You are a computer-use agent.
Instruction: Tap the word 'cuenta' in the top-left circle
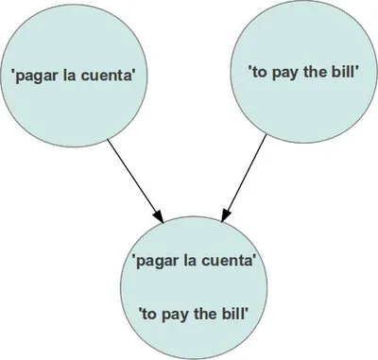[x=118, y=76]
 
